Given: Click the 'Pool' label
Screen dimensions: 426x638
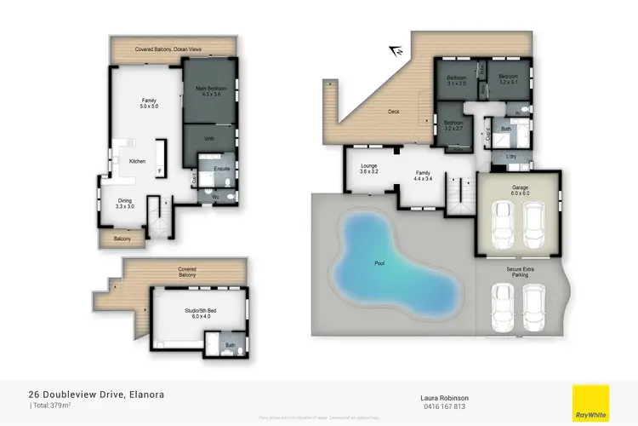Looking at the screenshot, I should click(x=379, y=263).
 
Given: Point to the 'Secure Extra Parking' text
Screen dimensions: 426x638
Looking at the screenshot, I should click(x=520, y=273).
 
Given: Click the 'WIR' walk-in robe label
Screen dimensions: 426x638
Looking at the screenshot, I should click(x=208, y=139).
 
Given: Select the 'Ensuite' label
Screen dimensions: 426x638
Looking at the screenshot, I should click(x=221, y=168).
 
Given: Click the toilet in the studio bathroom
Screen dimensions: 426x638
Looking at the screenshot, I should click(x=242, y=348).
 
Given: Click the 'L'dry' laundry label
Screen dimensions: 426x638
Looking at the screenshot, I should click(x=510, y=156).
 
